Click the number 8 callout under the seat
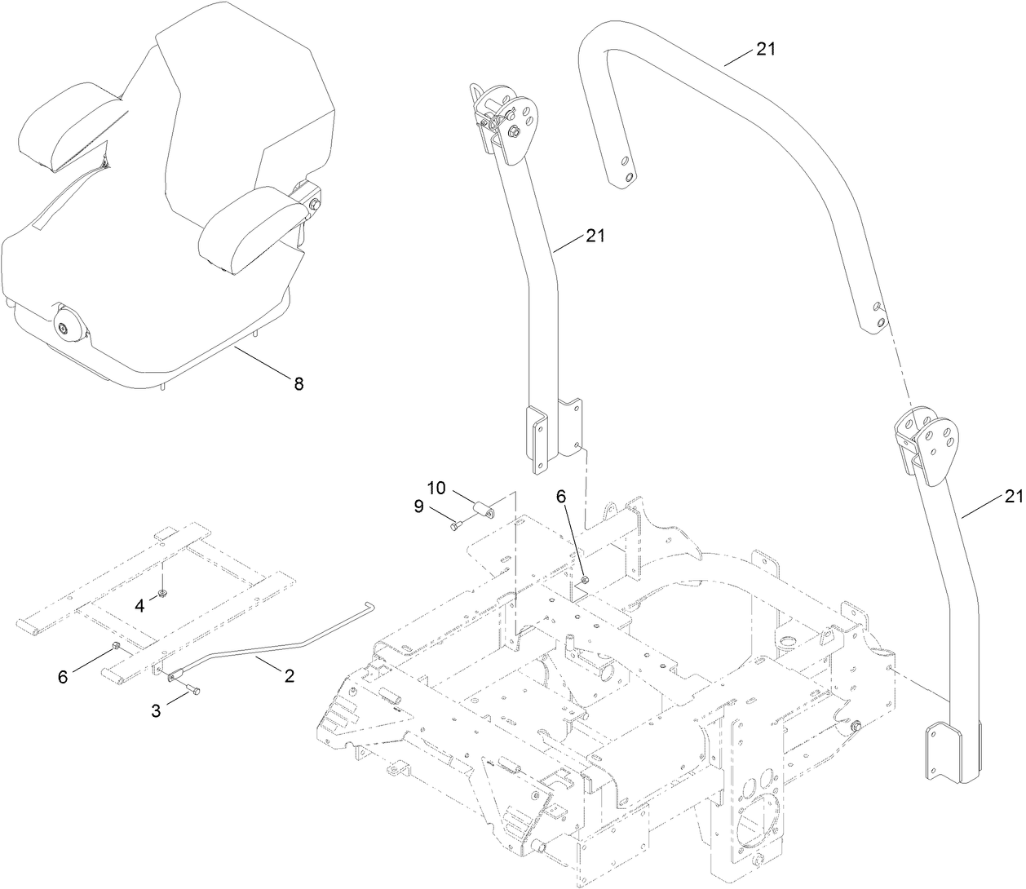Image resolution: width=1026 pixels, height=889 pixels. (x=299, y=383)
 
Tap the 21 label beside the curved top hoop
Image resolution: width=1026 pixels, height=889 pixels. (x=765, y=49)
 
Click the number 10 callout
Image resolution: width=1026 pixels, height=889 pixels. (x=436, y=488)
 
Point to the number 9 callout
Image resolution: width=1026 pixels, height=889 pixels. (x=418, y=506)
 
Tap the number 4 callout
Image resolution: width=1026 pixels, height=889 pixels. (x=139, y=605)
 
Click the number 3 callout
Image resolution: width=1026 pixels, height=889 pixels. (x=156, y=710)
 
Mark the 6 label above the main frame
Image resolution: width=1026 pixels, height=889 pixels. (x=560, y=496)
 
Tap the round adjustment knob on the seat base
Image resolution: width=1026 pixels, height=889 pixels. (x=64, y=329)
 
